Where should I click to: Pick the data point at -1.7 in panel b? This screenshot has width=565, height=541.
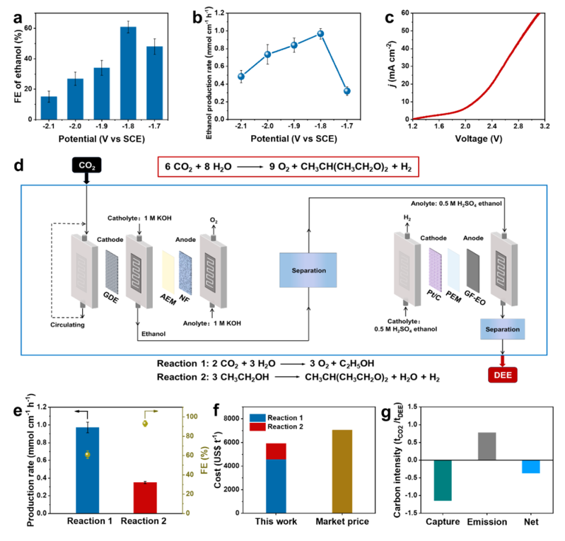point(346,91)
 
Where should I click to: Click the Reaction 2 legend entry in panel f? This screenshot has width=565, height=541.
point(278,429)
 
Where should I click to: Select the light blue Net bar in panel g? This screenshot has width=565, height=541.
point(531,466)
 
